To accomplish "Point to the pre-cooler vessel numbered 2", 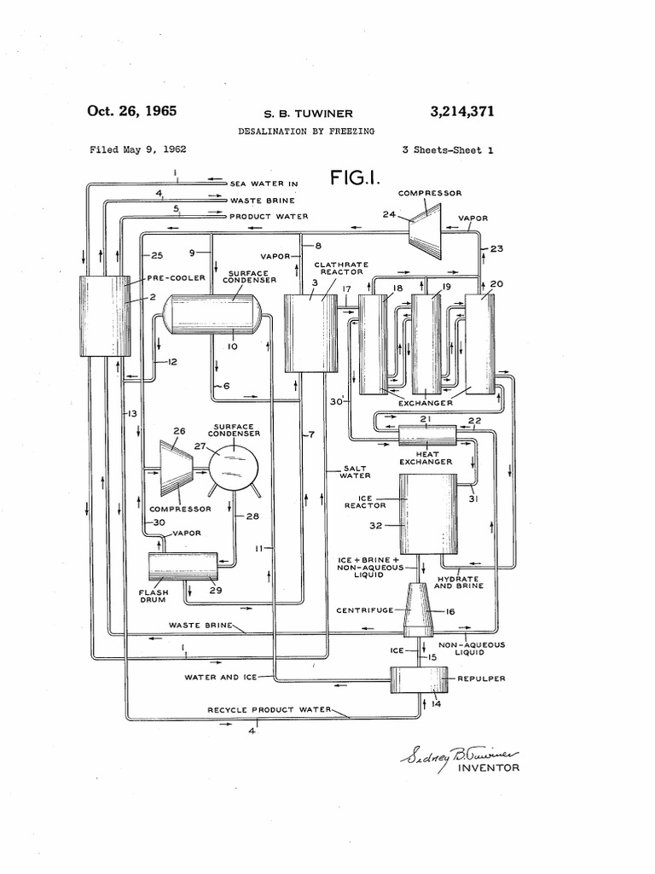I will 104,316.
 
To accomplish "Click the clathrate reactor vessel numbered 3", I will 310,333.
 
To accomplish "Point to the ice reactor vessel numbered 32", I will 428,514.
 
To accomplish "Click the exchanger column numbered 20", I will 480,343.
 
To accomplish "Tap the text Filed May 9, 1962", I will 138,149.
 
